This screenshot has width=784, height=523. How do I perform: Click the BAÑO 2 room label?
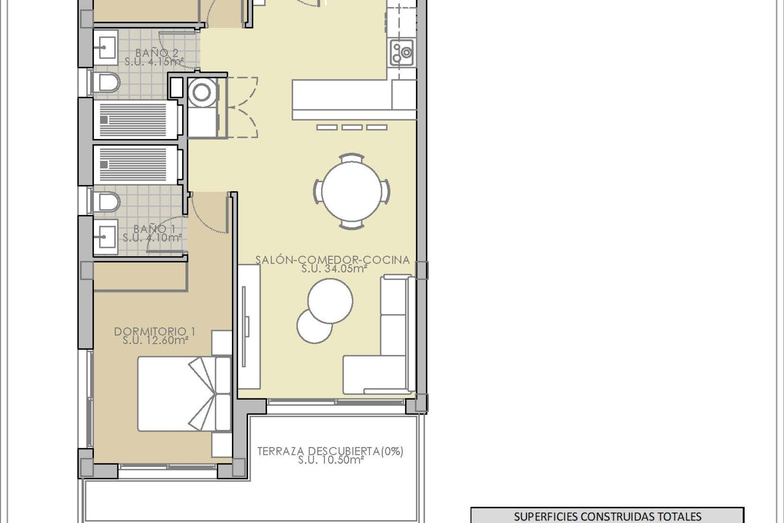click(157, 53)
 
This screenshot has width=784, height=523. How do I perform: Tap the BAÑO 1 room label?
click(154, 229)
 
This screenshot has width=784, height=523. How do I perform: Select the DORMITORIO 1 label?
click(155, 331)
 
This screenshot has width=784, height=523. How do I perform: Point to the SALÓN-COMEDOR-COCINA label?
click(333, 260)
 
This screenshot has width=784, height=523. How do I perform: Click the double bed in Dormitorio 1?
click(184, 394)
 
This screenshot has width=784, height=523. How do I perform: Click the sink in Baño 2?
click(106, 47)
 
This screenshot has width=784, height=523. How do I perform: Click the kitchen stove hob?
click(402, 53)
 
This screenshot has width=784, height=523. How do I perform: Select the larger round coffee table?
click(330, 301)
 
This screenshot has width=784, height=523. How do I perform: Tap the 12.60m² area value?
click(155, 340)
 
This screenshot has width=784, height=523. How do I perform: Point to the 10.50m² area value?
click(331, 460)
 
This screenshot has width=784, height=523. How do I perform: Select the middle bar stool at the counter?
click(352, 127)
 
